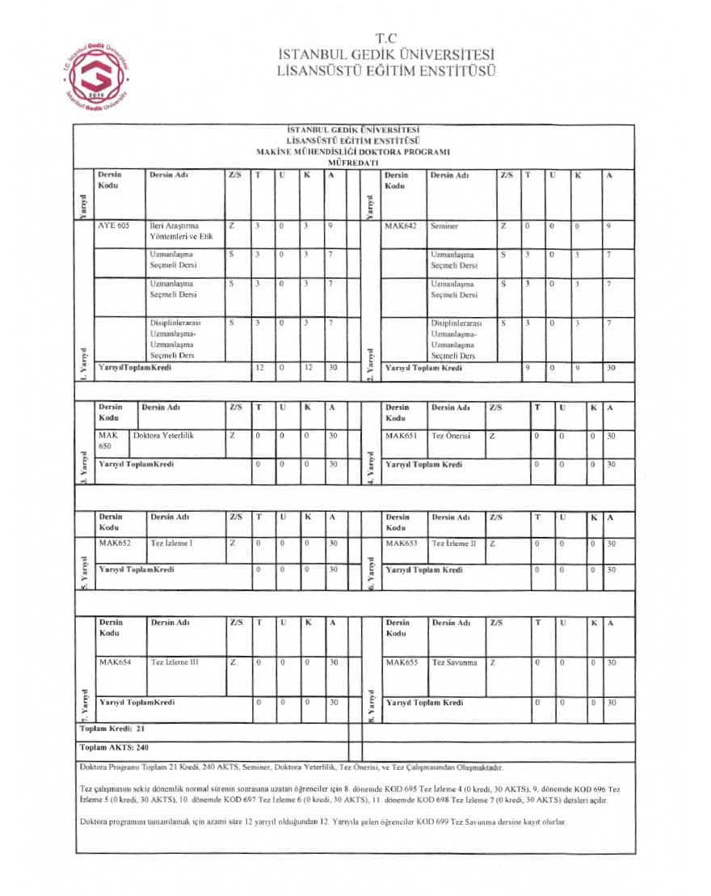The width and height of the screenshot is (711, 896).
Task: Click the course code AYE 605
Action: click(113, 226)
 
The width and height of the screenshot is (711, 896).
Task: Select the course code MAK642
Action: click(400, 226)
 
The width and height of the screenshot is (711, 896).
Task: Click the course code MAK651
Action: click(401, 435)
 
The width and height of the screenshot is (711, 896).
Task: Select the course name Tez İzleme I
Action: click(171, 543)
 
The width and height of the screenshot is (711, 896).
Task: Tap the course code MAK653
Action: click(402, 543)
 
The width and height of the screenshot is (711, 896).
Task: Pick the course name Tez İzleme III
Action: click(174, 662)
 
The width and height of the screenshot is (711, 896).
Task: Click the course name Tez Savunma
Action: click(454, 662)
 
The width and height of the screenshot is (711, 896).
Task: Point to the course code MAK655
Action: click(402, 662)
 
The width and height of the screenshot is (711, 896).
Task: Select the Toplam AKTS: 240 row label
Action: click(115, 747)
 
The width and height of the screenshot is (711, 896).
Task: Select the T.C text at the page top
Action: click(386, 38)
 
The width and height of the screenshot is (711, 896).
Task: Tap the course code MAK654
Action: click(114, 662)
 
